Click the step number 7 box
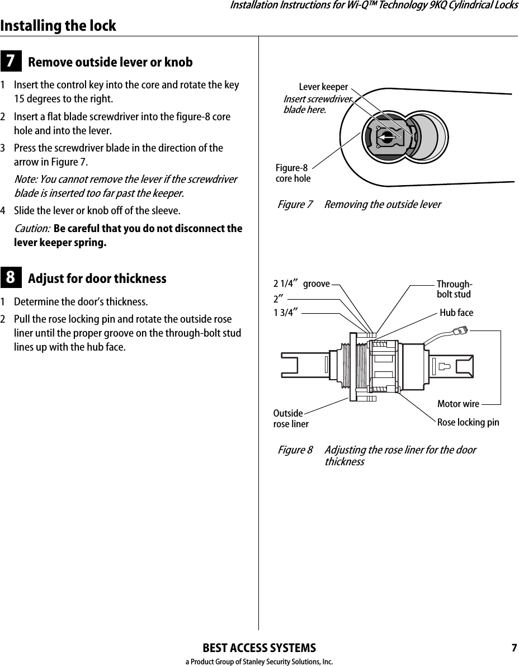click(x=11, y=62)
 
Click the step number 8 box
click(x=11, y=278)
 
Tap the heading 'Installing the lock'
click(x=58, y=26)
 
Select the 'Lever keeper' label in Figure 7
click(x=323, y=87)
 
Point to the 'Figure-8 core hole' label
click(x=293, y=173)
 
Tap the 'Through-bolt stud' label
click(x=454, y=289)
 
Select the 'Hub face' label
click(x=456, y=313)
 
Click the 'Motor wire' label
click(x=458, y=404)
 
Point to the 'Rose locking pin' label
click(x=468, y=422)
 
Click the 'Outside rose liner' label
click(x=290, y=419)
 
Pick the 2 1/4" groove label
click(x=301, y=284)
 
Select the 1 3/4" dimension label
click(x=285, y=313)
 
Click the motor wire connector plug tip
click(x=463, y=330)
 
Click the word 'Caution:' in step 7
click(x=31, y=229)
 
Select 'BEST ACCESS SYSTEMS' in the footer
click(x=259, y=649)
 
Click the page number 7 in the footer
click(x=513, y=649)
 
